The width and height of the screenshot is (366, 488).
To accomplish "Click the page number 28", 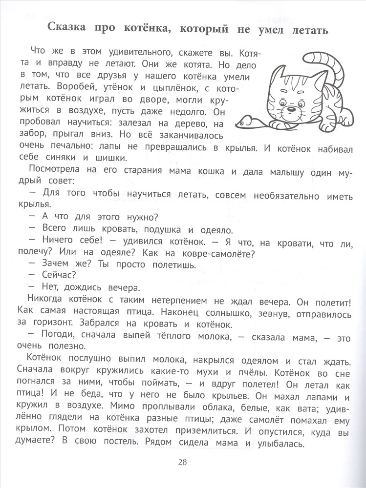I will tap(182, 462).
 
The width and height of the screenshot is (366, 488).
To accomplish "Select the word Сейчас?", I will tap(57, 277).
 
